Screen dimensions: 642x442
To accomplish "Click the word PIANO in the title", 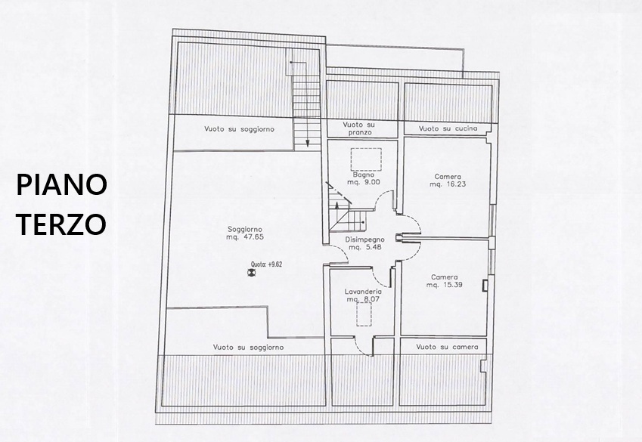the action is (61, 184).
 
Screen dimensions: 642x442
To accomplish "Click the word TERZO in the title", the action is (61, 224).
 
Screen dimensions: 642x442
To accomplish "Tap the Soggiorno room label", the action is (245, 230).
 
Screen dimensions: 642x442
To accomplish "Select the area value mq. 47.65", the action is (245, 237).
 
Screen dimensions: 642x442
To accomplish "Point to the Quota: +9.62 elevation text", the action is (266, 264).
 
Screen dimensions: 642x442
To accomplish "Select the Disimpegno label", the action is (364, 240).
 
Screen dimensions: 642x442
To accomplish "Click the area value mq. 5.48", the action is (365, 247).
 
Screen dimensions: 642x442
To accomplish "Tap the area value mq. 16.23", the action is (448, 184).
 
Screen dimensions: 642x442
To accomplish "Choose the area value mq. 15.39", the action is (444, 285).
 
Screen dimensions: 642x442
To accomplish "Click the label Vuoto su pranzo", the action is (358, 128).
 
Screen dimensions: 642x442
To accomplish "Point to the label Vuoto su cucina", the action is (448, 128).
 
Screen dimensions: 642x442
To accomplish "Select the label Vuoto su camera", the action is (447, 347).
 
